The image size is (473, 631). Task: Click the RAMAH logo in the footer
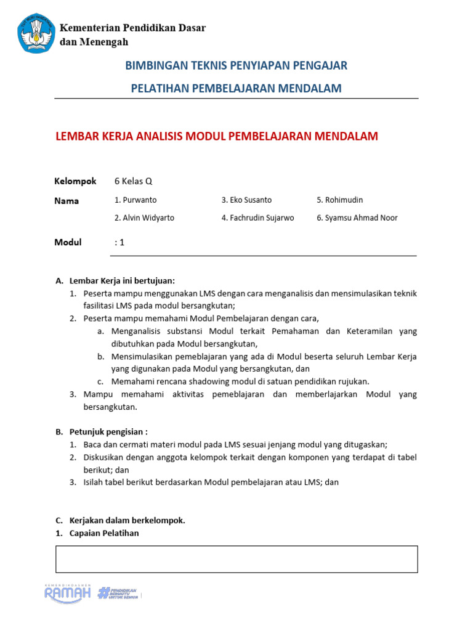pyautogui.click(x=67, y=592)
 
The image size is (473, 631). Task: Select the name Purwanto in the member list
pyautogui.click(x=135, y=200)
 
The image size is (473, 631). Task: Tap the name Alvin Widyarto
pyautogui.click(x=144, y=218)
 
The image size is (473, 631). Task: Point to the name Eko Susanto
pyautogui.click(x=246, y=200)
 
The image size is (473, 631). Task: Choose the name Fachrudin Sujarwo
pyautogui.click(x=257, y=218)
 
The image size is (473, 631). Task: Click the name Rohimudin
pyautogui.click(x=340, y=200)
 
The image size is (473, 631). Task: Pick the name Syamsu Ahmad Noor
pyautogui.click(x=357, y=218)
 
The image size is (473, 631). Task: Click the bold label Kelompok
pyautogui.click(x=75, y=181)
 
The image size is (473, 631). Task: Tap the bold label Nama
pyautogui.click(x=67, y=201)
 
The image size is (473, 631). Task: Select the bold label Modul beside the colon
pyautogui.click(x=68, y=242)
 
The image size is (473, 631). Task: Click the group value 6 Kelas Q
pyautogui.click(x=133, y=181)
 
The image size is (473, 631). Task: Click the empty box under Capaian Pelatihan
pyautogui.click(x=236, y=559)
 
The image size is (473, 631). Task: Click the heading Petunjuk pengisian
pyautogui.click(x=108, y=431)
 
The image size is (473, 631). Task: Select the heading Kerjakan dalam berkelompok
pyautogui.click(x=127, y=520)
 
